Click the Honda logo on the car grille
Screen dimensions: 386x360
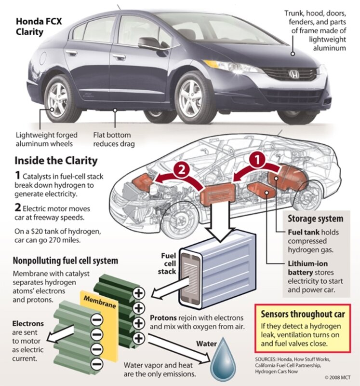[x=293, y=74]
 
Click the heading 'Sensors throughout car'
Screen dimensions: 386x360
[x=302, y=314]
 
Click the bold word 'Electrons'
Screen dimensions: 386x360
[x=27, y=323]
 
